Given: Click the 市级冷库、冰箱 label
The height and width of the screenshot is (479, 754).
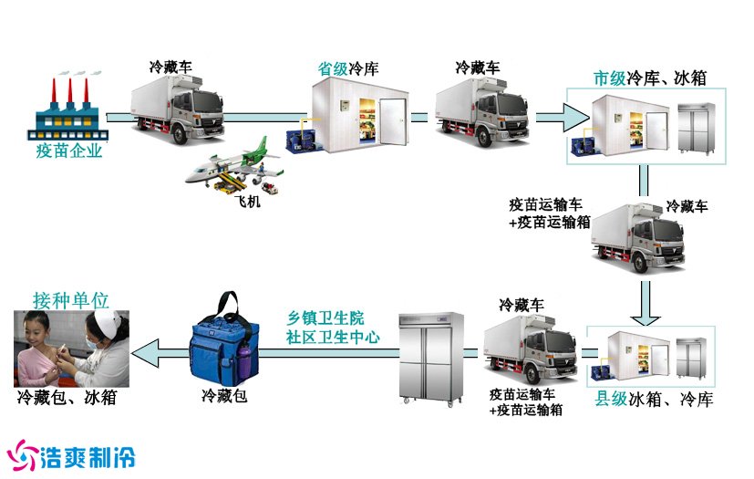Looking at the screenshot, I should click(x=649, y=78).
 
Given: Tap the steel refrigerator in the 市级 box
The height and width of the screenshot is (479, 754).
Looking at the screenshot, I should click(x=697, y=129).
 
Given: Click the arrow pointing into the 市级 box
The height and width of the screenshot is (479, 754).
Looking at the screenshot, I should click(x=562, y=117).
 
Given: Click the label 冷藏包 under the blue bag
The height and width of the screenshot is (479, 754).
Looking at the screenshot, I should click(x=223, y=396).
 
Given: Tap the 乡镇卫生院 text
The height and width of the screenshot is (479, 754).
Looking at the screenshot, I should click(x=325, y=318).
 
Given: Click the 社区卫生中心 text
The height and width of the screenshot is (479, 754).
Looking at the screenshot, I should click(x=332, y=336).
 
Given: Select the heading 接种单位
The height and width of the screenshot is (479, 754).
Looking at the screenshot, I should click(x=70, y=300).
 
